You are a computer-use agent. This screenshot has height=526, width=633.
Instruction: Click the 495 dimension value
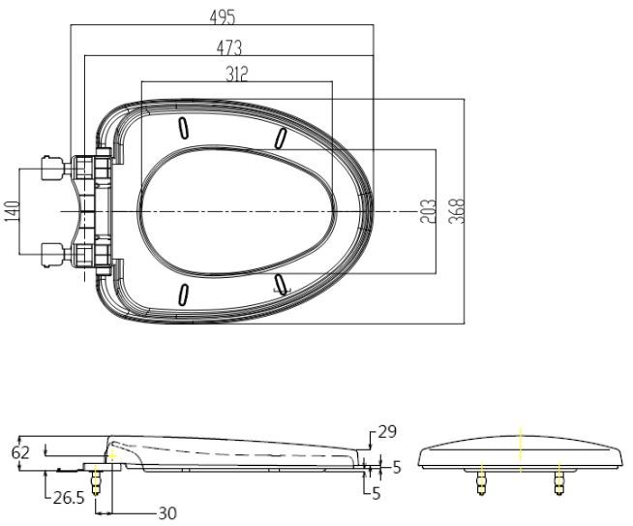(x=222, y=16)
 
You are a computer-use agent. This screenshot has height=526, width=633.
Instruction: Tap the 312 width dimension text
(x=235, y=74)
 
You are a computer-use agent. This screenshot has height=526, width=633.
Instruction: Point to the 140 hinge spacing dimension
(x=13, y=212)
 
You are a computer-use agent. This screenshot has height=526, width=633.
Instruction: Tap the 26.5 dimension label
(x=69, y=499)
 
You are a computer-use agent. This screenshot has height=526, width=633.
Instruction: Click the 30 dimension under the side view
(x=166, y=513)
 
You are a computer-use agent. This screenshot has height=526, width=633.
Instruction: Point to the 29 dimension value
(x=385, y=432)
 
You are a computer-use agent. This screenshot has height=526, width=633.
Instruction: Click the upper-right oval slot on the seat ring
(x=280, y=138)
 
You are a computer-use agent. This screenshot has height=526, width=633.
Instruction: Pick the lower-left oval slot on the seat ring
(x=183, y=294)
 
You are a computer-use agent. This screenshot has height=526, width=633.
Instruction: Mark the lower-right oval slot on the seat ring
(x=281, y=283)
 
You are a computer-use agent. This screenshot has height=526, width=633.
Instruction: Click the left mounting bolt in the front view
(x=482, y=480)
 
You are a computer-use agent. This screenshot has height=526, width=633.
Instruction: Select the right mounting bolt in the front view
(x=558, y=480)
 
